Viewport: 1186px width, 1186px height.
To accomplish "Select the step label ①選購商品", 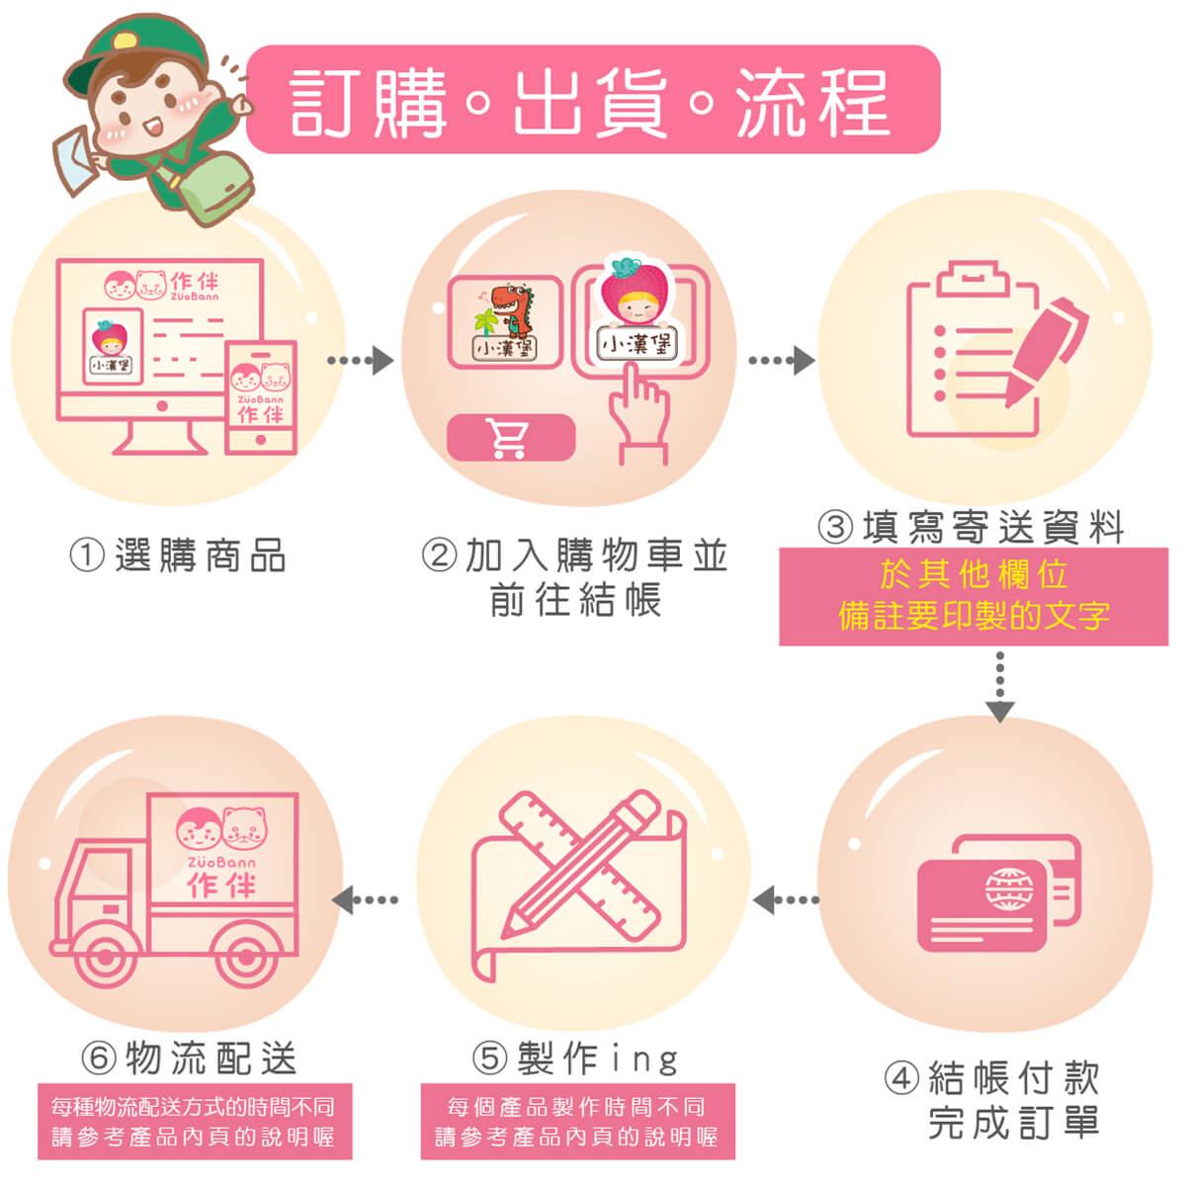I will [x=178, y=555].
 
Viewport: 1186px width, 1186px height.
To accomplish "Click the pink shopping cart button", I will [x=510, y=438].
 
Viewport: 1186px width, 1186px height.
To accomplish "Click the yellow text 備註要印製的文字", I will [x=974, y=616].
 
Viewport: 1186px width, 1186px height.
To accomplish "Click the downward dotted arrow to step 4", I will [x=1000, y=686].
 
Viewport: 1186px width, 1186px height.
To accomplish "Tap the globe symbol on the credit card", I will [x=1009, y=889].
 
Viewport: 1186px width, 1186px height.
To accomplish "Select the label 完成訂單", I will [x=1013, y=1123].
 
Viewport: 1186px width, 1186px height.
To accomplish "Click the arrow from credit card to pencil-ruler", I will [x=787, y=899].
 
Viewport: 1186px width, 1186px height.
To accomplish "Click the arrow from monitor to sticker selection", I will [x=361, y=360].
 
